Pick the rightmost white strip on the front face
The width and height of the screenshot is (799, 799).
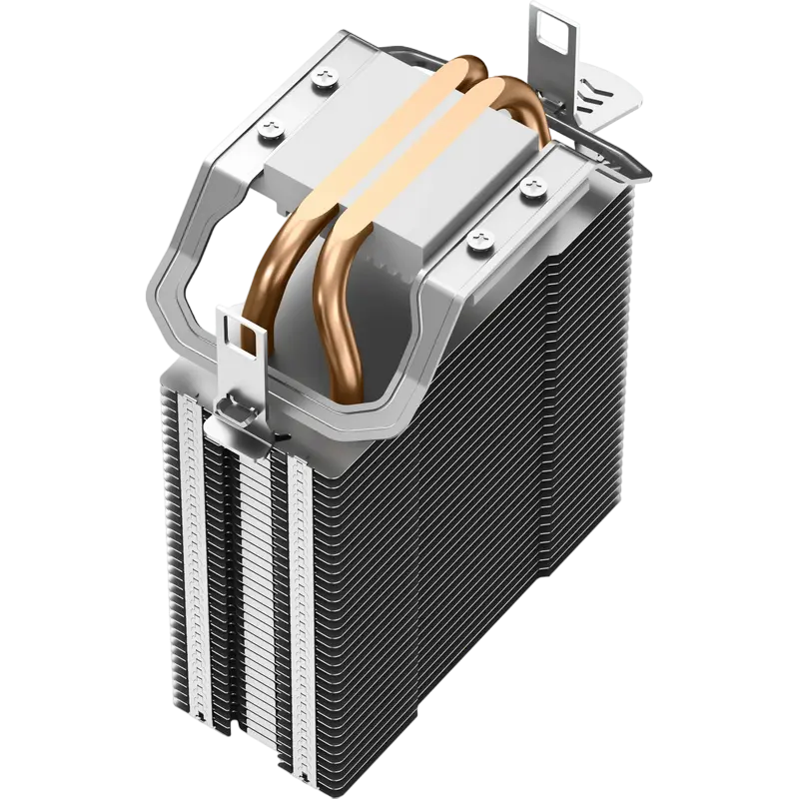click(301, 599)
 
